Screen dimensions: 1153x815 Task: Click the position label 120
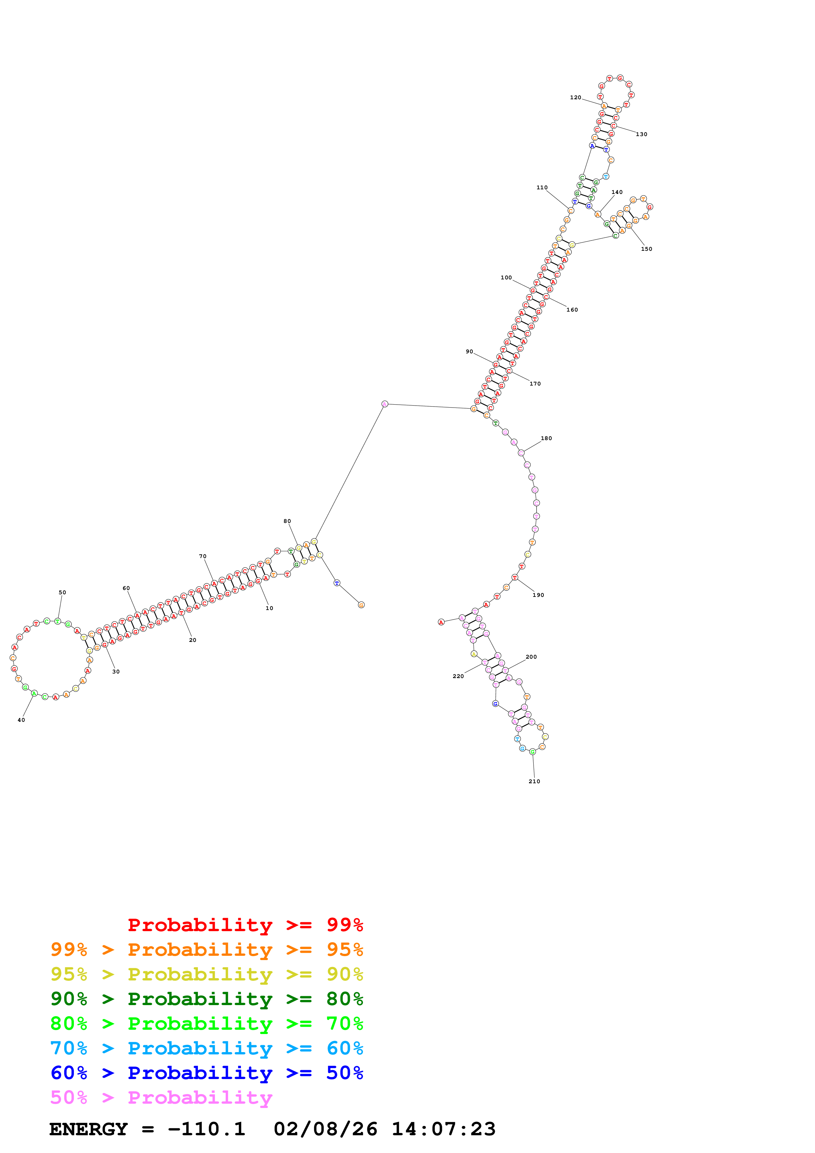pos(575,97)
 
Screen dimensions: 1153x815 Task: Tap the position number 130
pos(641,134)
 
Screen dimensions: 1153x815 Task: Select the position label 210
pos(534,781)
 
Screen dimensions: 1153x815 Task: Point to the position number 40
pos(21,720)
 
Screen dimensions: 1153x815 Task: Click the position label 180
pos(546,438)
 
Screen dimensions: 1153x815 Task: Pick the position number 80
pos(287,521)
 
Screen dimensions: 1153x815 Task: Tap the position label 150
pos(646,249)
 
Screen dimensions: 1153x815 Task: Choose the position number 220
pos(458,676)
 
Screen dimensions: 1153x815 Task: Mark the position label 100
pos(506,278)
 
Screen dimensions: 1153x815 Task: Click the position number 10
pos(270,608)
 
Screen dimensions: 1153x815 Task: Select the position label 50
pos(62,593)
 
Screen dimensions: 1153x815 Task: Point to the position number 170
pos(535,384)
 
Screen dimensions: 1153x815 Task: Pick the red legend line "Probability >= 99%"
pos(245,925)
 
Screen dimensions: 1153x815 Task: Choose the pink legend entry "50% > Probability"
pos(161,1098)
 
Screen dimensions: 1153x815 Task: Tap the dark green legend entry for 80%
pos(206,999)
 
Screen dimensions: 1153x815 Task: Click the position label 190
pos(538,595)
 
